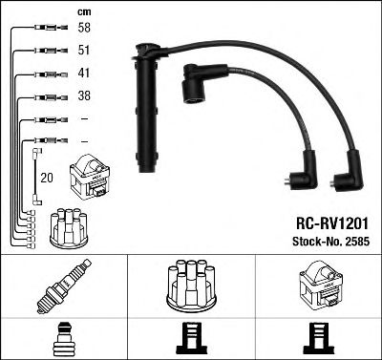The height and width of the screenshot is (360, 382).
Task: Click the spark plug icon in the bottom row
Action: point(65,286)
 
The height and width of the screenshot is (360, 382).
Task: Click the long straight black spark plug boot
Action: point(148,110)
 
